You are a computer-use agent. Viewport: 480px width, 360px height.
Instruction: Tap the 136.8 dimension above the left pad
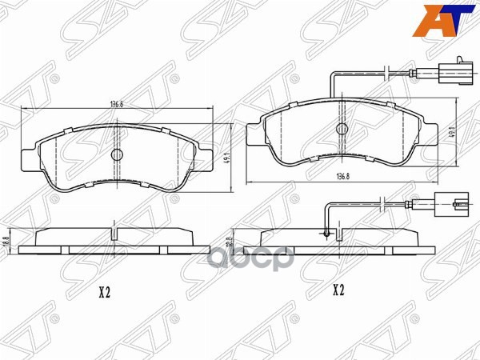[x=116, y=103]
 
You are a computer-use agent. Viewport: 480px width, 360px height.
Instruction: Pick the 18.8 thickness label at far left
[x=6, y=241]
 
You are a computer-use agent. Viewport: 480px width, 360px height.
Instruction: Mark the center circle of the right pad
[x=343, y=128]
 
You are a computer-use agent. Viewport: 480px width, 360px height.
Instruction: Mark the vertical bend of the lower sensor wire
[x=327, y=218]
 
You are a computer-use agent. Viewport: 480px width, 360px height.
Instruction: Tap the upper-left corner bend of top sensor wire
[x=334, y=76]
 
